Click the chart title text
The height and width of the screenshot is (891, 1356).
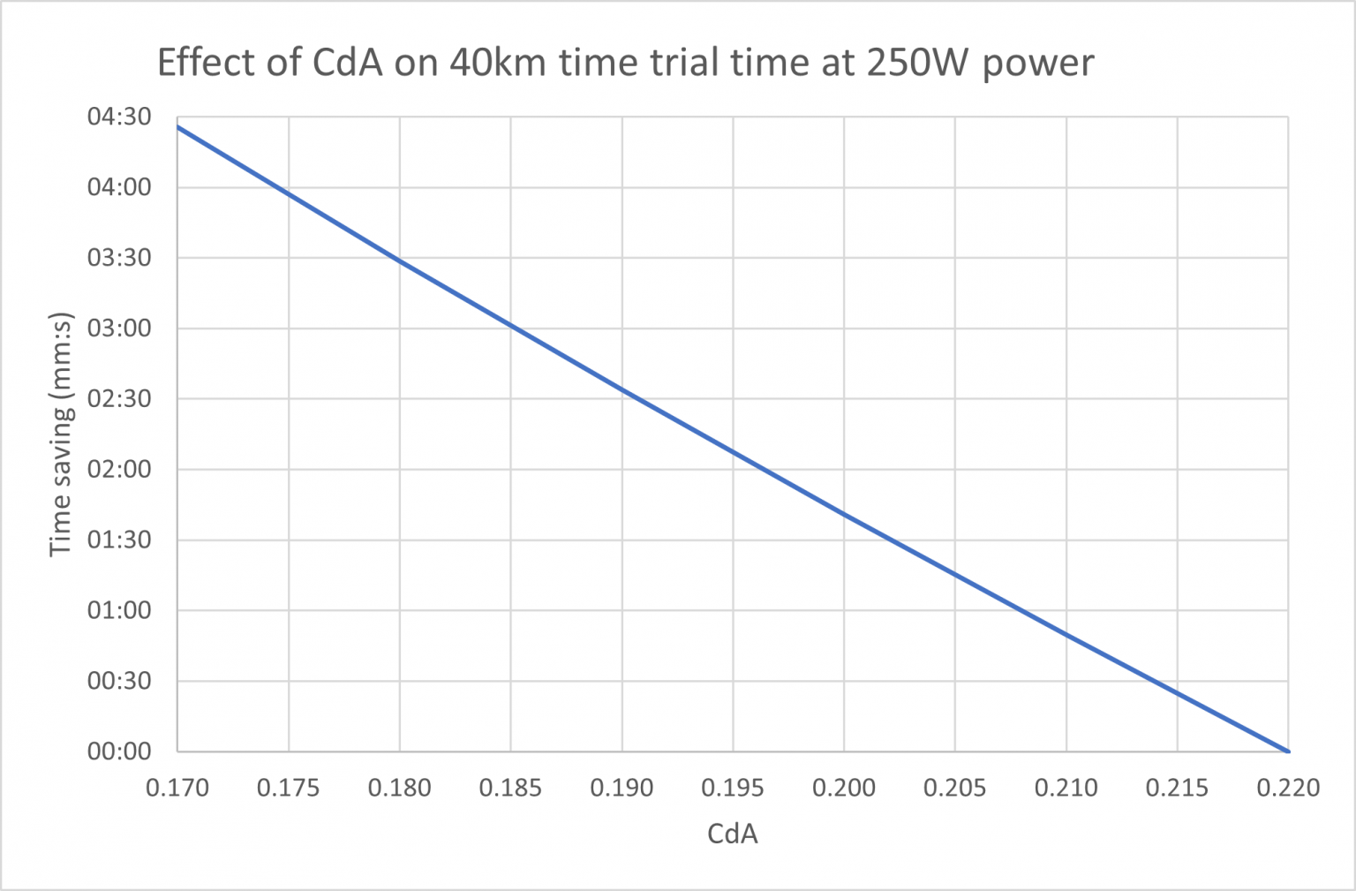pyautogui.click(x=625, y=63)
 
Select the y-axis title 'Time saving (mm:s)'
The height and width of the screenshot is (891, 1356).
pyautogui.click(x=61, y=434)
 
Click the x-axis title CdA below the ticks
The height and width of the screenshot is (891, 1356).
pyautogui.click(x=732, y=834)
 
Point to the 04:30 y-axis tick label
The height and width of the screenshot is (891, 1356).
pyautogui.click(x=119, y=117)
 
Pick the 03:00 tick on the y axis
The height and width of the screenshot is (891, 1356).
pyautogui.click(x=119, y=328)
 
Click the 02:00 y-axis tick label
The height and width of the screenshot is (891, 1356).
pyautogui.click(x=119, y=469)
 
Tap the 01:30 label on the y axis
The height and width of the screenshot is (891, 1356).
pyautogui.click(x=119, y=540)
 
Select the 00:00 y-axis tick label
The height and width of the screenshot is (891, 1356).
pyautogui.click(x=119, y=751)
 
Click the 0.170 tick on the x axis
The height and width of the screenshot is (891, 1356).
pyautogui.click(x=177, y=787)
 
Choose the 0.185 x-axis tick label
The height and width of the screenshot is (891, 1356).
pyautogui.click(x=510, y=787)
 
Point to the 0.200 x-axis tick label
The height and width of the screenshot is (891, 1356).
pyautogui.click(x=844, y=787)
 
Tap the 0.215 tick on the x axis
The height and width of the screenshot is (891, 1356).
pyautogui.click(x=1177, y=787)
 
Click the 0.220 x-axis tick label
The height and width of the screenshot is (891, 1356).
pyautogui.click(x=1288, y=787)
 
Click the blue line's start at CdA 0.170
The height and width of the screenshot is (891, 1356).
pyautogui.click(x=178, y=126)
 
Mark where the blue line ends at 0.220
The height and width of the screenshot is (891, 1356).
pyautogui.click(x=1288, y=751)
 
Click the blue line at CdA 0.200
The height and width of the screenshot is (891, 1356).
pyautogui.click(x=844, y=512)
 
